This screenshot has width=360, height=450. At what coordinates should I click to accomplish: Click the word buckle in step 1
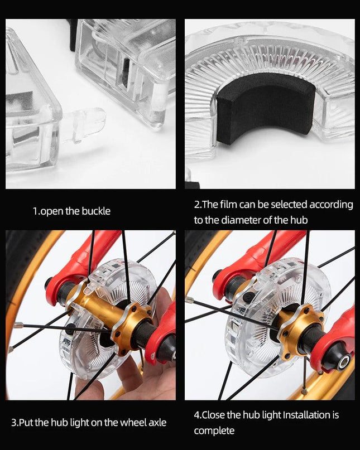96,211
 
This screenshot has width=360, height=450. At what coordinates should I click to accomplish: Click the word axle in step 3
157,423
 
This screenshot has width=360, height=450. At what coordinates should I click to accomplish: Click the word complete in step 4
214,431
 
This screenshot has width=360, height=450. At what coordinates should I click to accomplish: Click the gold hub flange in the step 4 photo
299,330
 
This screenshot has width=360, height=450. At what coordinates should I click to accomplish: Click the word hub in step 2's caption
299,220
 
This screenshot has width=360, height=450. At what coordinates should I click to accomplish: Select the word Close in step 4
214,415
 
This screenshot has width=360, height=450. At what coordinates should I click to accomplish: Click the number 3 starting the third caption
14,423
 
